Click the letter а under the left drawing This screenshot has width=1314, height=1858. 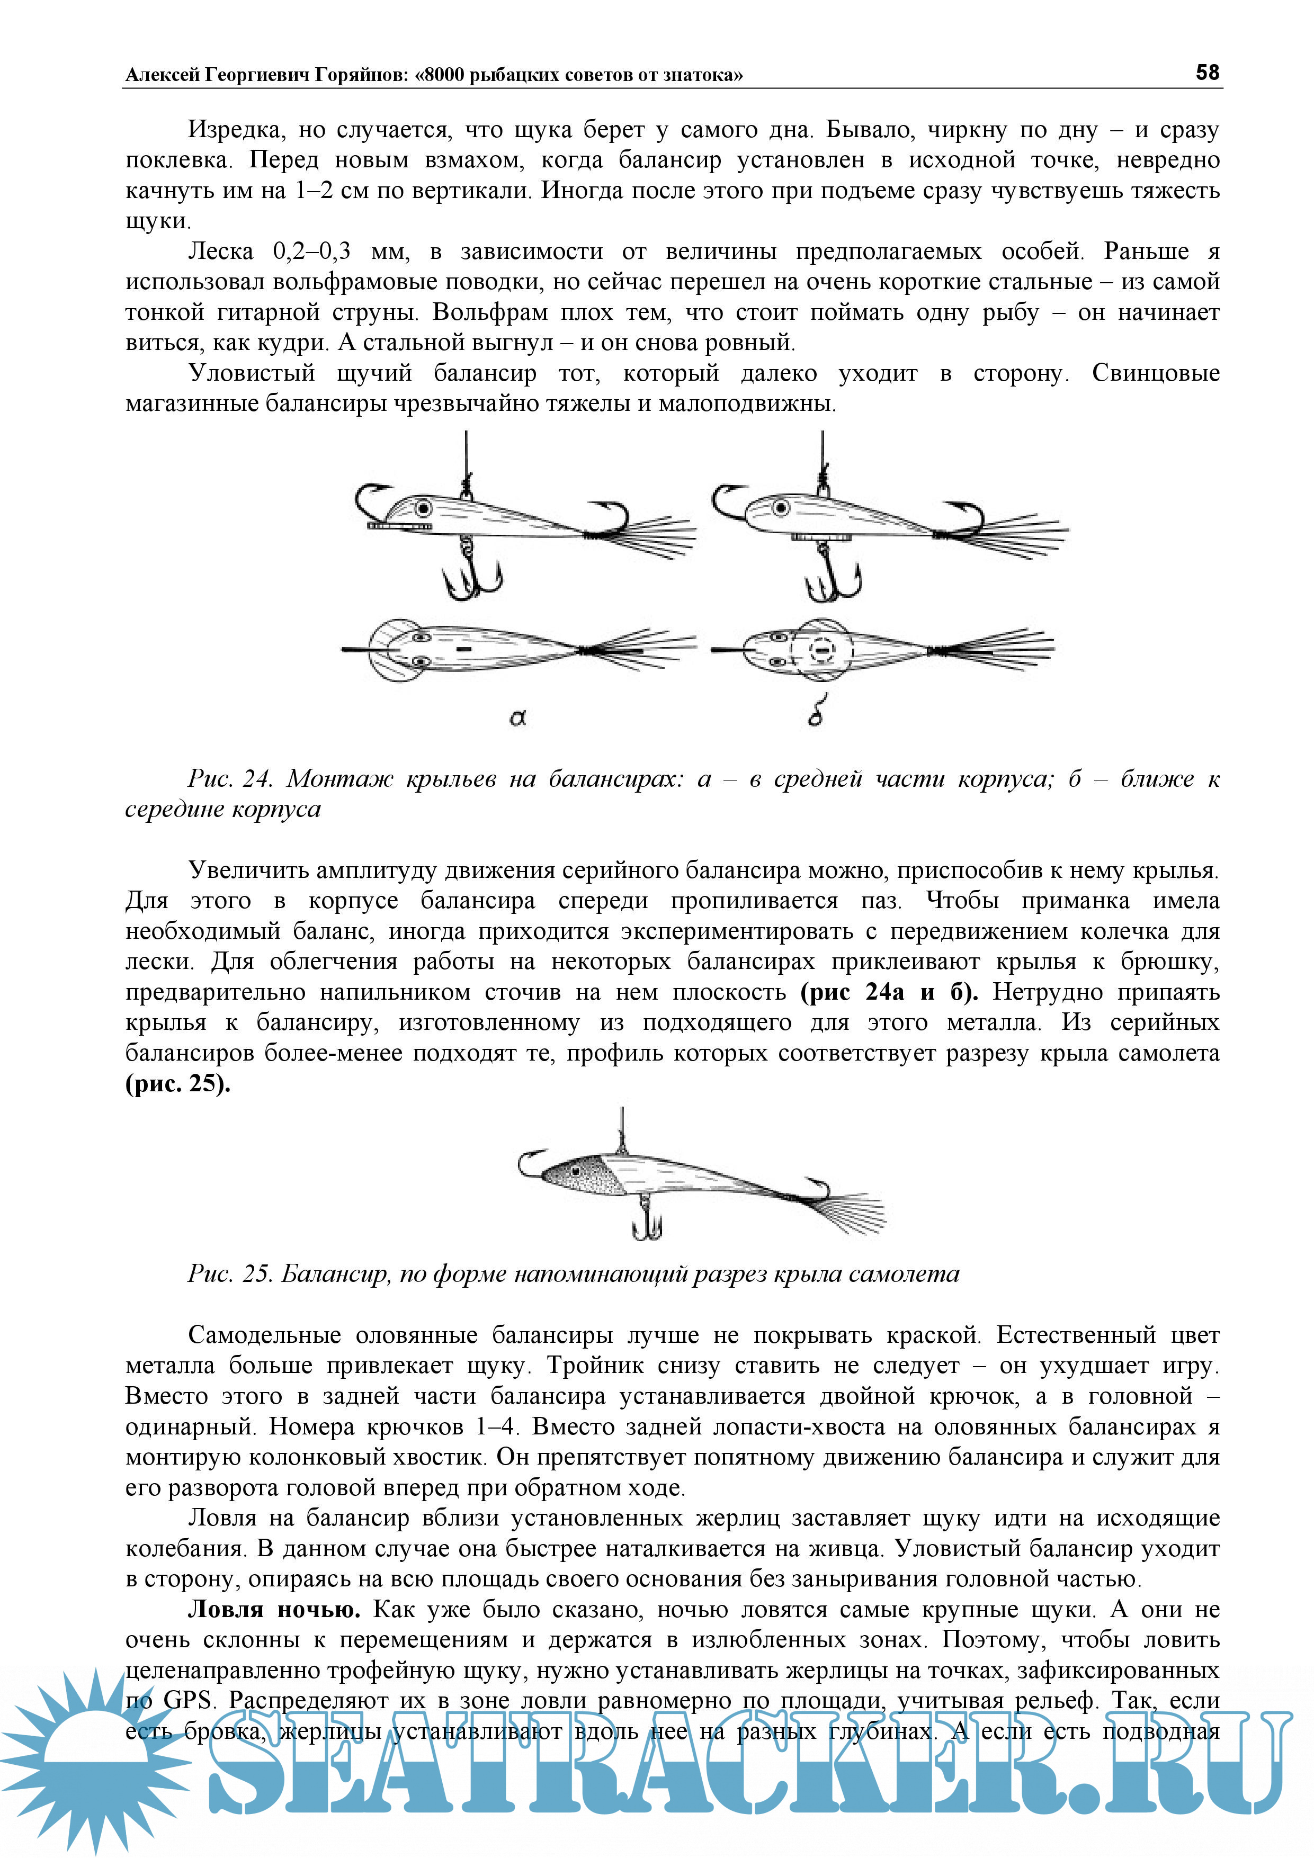518,717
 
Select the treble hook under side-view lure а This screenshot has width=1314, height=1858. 472,574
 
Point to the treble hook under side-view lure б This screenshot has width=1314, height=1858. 832,576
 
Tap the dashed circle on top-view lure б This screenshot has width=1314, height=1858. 822,649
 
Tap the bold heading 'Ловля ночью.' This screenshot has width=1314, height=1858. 274,1609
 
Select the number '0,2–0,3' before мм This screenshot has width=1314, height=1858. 312,252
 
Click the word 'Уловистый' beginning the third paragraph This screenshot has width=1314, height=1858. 252,373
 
